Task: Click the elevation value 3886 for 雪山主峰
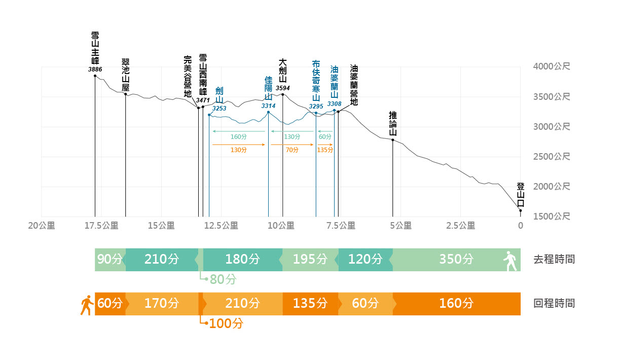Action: click(95, 69)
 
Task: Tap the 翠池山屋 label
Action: click(126, 75)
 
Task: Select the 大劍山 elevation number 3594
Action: click(283, 88)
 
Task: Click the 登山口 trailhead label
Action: click(520, 195)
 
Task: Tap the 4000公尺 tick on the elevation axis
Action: click(552, 66)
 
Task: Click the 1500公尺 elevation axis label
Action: click(552, 217)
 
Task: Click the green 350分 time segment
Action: click(456, 260)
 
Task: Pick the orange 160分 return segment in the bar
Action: click(456, 304)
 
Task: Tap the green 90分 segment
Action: click(110, 260)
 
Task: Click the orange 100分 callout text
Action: click(226, 323)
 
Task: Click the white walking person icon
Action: click(510, 261)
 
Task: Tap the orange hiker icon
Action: click(86, 304)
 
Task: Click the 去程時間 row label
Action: click(554, 260)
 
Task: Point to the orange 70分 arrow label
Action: click(292, 150)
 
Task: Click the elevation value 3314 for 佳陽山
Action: click(268, 105)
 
